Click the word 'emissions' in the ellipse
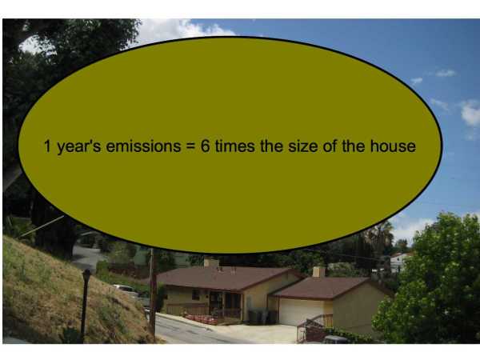(x=143, y=146)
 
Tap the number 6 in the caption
(x=205, y=146)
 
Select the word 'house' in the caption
(x=393, y=146)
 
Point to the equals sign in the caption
(x=190, y=146)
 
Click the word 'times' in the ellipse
(x=234, y=146)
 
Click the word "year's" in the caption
(x=79, y=147)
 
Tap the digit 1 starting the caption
(x=47, y=146)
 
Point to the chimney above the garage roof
(x=318, y=272)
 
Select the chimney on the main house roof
(x=211, y=262)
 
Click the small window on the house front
(x=196, y=294)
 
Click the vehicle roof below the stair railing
(x=335, y=339)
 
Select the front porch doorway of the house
(x=215, y=304)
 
